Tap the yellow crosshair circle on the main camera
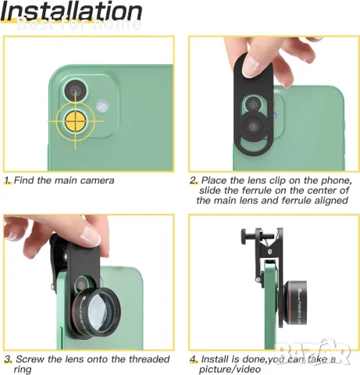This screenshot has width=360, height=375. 75,121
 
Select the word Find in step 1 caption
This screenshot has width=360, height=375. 30,180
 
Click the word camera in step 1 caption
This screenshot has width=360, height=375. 95,180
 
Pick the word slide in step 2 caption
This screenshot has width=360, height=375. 212,191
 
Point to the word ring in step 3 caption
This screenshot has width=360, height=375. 23,369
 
